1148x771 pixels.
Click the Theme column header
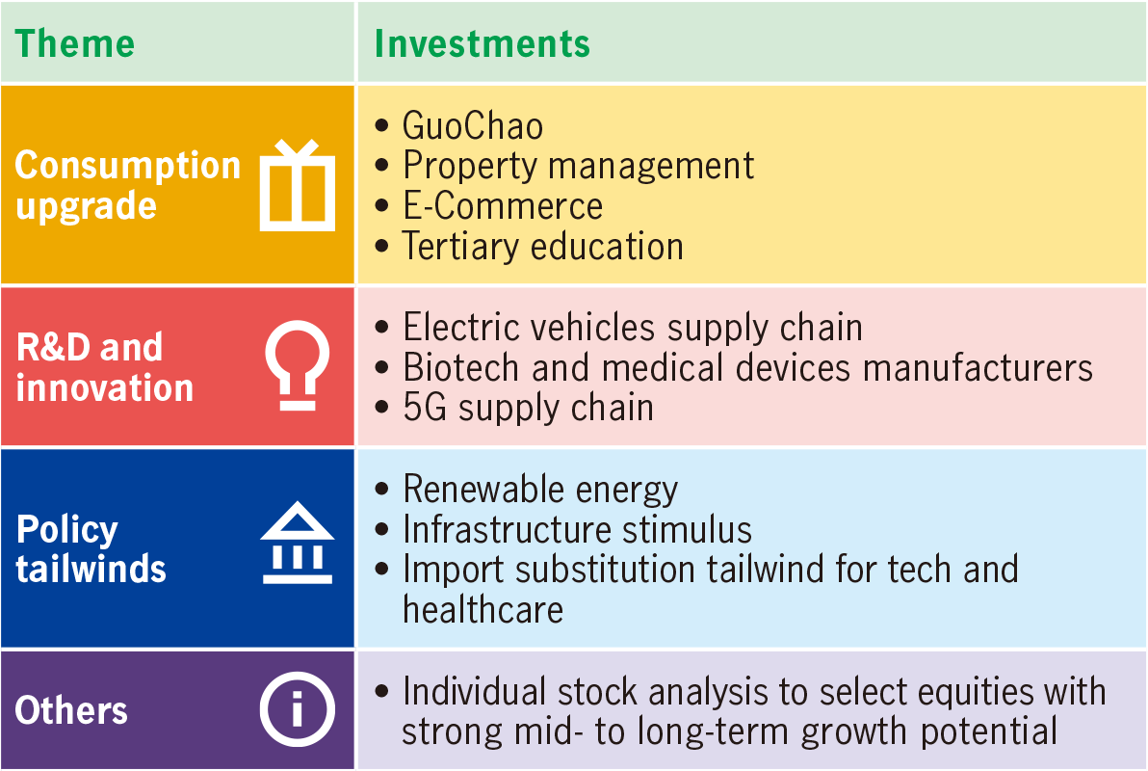(75, 43)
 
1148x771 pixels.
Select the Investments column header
(482, 43)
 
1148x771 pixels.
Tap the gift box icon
(298, 185)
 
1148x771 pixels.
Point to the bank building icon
(298, 543)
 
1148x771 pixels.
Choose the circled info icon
(298, 709)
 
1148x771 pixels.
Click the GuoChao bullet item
(473, 126)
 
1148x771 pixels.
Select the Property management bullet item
(579, 167)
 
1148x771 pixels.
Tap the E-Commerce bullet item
(503, 206)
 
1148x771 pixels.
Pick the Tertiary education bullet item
(543, 247)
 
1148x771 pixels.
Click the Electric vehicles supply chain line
(633, 329)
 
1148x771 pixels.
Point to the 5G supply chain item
(528, 409)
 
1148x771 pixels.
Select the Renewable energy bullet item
(540, 491)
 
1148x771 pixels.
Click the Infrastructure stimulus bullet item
(578, 530)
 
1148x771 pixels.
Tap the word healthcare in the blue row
(483, 610)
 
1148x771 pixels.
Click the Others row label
(71, 710)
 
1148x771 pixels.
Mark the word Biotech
(460, 367)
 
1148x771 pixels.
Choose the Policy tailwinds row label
(91, 549)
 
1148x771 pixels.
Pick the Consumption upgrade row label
(127, 185)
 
